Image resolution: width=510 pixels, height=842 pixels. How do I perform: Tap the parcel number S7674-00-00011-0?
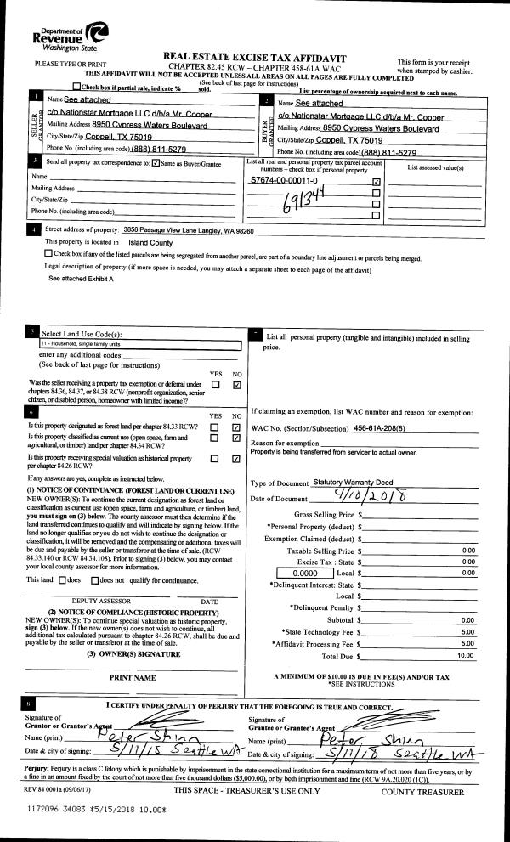point(284,181)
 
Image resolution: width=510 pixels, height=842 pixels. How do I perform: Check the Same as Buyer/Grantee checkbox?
point(155,161)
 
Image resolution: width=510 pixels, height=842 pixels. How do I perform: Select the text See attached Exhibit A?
point(81,279)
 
